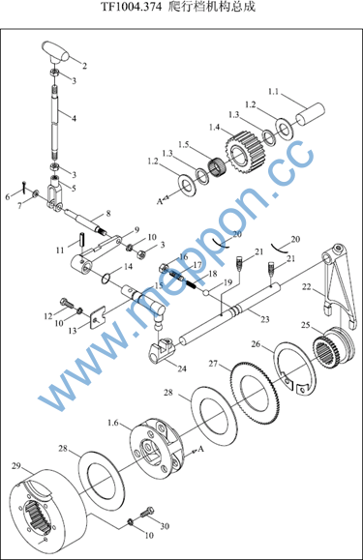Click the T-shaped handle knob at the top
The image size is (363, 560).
click(x=56, y=53)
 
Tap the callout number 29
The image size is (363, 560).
click(x=16, y=466)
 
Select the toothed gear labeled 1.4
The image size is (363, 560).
click(x=245, y=150)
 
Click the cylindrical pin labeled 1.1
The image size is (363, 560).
click(x=310, y=114)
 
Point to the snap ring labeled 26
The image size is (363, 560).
click(x=295, y=368)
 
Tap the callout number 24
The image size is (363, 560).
click(x=182, y=368)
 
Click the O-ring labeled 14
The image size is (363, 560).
click(x=106, y=279)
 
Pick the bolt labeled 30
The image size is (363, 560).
click(x=147, y=513)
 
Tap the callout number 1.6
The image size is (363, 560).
click(x=112, y=423)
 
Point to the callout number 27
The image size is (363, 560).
click(x=213, y=364)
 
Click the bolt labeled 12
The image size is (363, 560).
click(x=67, y=303)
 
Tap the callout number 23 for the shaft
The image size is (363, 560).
click(x=264, y=319)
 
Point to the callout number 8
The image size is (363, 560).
click(x=108, y=213)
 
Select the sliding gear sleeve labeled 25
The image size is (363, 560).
click(x=333, y=345)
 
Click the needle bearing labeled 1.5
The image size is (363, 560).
click(x=216, y=167)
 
